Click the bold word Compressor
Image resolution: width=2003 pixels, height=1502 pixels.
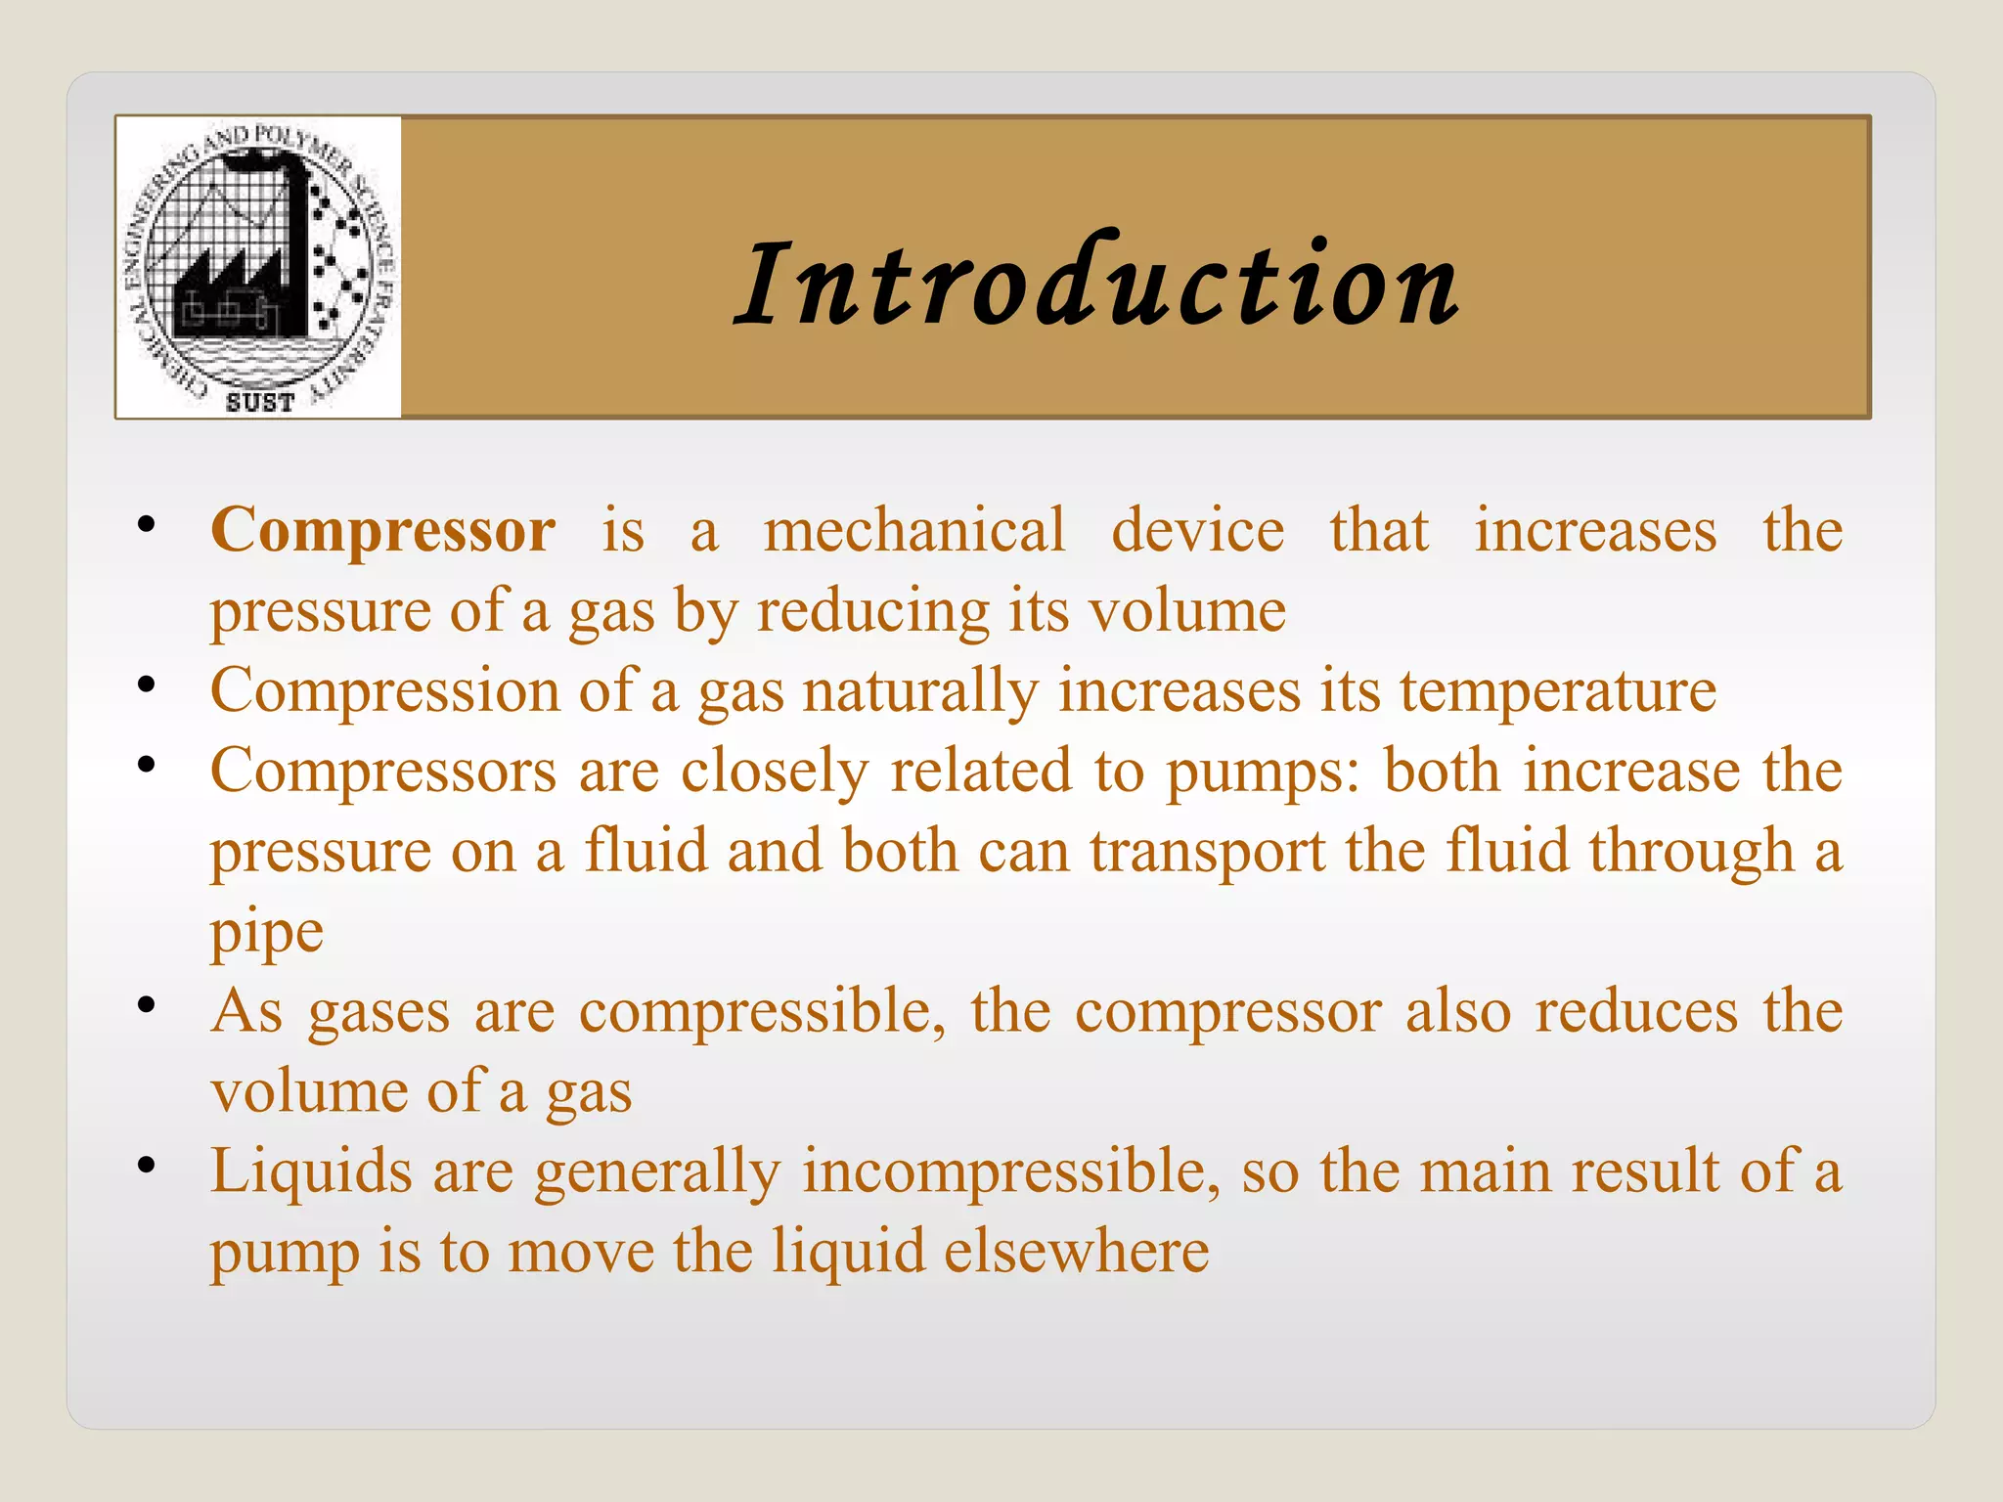click(x=382, y=531)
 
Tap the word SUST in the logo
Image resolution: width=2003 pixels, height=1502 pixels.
click(x=259, y=402)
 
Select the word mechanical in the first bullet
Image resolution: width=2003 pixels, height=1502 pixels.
click(x=913, y=531)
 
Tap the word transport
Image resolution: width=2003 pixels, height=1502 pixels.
click(x=1207, y=852)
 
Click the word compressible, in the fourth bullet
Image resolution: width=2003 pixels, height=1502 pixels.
click(x=762, y=1012)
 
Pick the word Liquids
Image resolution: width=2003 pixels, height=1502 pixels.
click(x=311, y=1171)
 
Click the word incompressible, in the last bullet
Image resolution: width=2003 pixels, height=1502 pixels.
click(x=1011, y=1171)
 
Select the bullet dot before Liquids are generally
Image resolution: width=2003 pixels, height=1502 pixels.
click(x=147, y=1165)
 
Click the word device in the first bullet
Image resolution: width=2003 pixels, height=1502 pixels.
click(x=1197, y=531)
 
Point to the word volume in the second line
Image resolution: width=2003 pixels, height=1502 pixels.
click(x=1187, y=612)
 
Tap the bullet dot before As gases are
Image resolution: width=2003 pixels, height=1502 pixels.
click(x=147, y=1004)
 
